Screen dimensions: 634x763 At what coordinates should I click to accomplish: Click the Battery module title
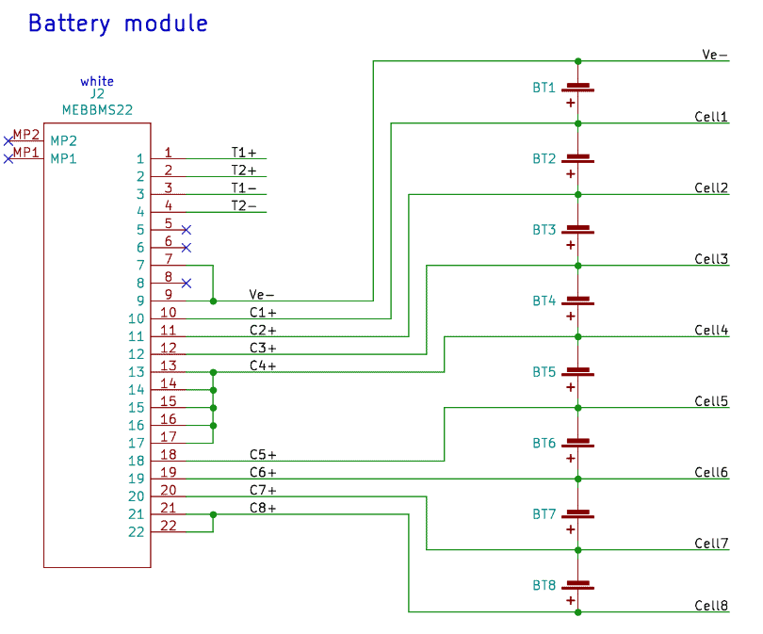pos(118,24)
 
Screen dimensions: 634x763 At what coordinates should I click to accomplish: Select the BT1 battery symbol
pos(577,88)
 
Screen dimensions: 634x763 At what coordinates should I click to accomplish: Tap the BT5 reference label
pos(544,372)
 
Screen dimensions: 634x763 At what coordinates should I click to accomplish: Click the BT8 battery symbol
pos(577,585)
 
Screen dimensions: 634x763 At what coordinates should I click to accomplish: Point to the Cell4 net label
pos(711,330)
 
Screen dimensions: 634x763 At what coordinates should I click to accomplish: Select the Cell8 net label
pos(711,606)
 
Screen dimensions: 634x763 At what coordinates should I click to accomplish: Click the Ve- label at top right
pos(715,55)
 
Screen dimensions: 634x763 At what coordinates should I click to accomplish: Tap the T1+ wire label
pos(244,152)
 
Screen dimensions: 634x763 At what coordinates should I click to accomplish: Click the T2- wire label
pos(244,205)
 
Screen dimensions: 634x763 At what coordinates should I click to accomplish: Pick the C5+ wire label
pos(263,454)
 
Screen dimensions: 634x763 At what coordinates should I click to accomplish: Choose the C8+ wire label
pos(263,508)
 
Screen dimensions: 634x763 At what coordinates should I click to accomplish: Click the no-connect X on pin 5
pos(187,230)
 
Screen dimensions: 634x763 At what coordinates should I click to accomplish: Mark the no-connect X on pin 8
pos(187,284)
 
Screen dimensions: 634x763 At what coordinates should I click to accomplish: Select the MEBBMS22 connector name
pos(97,109)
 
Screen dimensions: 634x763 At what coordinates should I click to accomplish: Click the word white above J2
pos(97,82)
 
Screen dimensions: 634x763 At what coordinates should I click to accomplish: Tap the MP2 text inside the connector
pos(64,140)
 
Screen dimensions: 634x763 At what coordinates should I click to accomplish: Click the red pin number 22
pos(169,526)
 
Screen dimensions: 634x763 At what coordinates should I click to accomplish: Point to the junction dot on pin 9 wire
pos(214,301)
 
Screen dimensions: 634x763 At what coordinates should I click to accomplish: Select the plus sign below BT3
pos(571,245)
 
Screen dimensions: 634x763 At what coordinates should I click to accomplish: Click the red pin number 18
pos(169,454)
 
